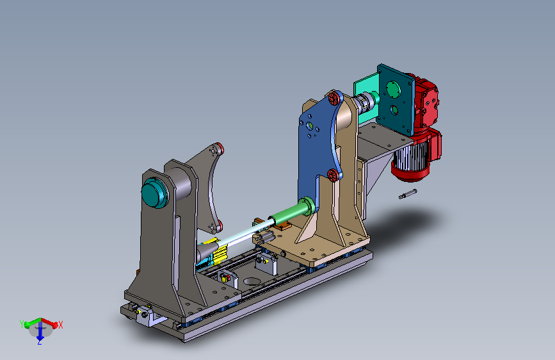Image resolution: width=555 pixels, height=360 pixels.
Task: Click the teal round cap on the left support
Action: pos(154,192)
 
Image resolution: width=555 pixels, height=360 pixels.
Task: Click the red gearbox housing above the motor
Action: pos(426,102)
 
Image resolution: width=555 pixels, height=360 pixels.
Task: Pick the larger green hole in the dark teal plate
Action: pos(392,89)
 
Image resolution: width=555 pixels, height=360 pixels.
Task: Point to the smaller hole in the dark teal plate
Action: pos(394,110)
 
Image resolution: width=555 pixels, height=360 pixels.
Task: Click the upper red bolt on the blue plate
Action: pos(334,98)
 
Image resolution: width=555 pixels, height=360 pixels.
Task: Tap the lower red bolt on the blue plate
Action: pos(333,175)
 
